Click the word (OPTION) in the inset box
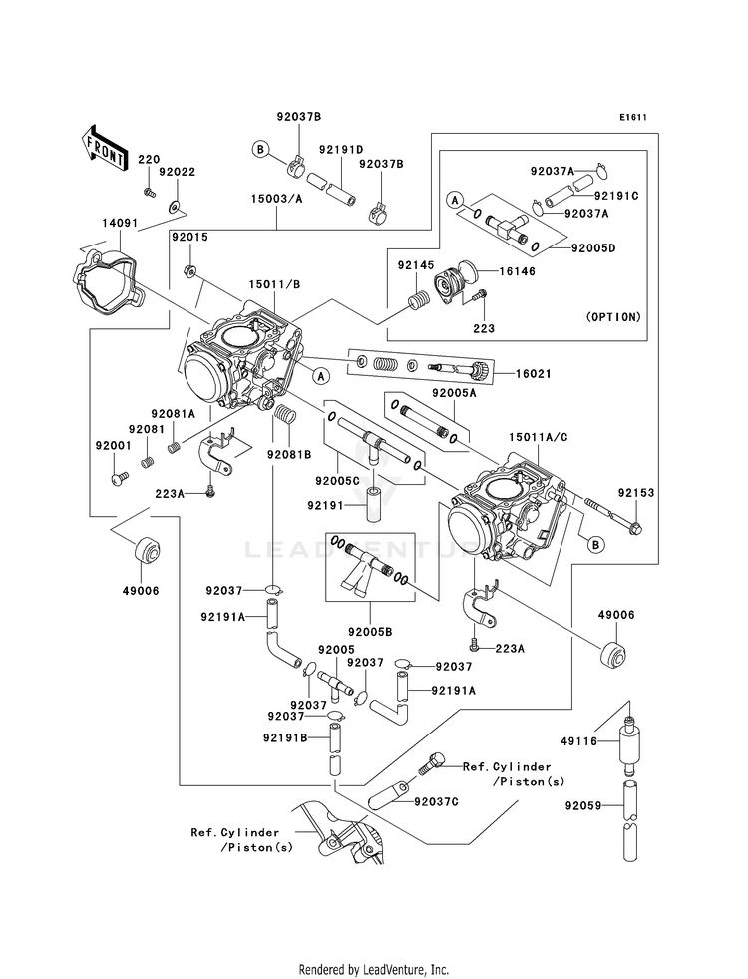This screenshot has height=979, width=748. [613, 317]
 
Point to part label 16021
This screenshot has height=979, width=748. [534, 374]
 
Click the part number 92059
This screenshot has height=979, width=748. [583, 806]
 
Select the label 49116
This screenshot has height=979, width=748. [578, 741]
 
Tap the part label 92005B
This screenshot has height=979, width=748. [371, 632]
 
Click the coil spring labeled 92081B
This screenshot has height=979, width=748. [285, 415]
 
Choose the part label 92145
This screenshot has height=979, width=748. [416, 266]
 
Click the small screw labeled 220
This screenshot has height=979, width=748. [149, 192]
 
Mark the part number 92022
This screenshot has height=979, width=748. [177, 172]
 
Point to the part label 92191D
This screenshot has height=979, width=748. [341, 150]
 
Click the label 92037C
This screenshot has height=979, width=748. [436, 802]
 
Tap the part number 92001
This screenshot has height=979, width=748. [113, 446]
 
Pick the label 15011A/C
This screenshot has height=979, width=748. [538, 438]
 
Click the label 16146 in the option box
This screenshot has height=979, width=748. [517, 271]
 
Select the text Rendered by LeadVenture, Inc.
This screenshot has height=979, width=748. [374, 970]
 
